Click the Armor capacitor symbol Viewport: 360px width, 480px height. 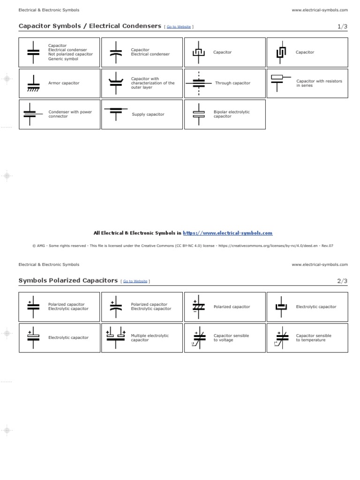click(x=33, y=83)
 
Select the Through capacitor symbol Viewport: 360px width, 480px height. click(x=199, y=83)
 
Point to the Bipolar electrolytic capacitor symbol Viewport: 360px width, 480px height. click(x=199, y=114)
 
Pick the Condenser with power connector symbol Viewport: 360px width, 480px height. click(x=31, y=114)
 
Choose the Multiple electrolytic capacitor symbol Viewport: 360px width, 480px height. click(x=116, y=337)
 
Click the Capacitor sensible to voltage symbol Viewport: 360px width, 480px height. click(x=199, y=337)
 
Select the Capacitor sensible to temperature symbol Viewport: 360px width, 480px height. click(x=281, y=337)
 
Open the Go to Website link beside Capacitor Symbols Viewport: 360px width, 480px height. click(x=179, y=27)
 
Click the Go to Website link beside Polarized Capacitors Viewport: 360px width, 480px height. click(x=135, y=281)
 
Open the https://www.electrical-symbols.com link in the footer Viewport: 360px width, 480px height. click(x=227, y=233)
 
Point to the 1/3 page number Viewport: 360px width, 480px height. click(x=342, y=26)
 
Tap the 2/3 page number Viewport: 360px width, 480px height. click(x=342, y=281)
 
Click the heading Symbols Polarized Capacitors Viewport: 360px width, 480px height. click(x=68, y=280)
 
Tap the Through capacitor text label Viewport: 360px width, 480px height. click(x=232, y=83)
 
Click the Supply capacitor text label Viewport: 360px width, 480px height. click(x=148, y=114)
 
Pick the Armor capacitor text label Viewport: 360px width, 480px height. click(x=64, y=83)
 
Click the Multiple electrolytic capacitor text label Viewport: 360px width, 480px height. click(x=150, y=337)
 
